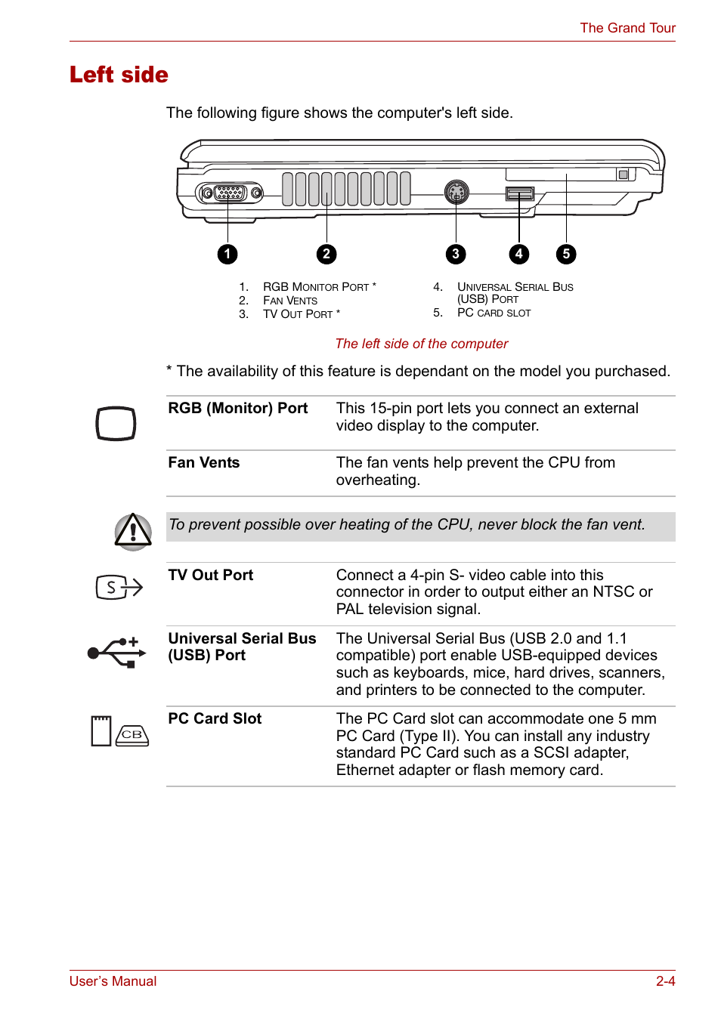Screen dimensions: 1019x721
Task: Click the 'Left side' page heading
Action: pos(119,75)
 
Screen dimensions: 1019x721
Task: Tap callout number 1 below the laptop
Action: pos(227,254)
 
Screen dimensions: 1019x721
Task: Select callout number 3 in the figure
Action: pos(455,254)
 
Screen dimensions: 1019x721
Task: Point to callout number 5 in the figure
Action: pos(566,254)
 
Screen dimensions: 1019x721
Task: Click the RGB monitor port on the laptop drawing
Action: pos(229,193)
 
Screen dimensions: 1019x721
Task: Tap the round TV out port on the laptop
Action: pos(456,193)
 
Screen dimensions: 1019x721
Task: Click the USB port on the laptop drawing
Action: pos(519,194)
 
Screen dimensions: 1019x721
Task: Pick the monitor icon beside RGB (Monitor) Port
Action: pos(116,424)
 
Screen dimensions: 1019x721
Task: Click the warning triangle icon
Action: pos(133,531)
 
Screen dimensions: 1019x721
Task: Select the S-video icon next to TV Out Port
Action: pos(119,587)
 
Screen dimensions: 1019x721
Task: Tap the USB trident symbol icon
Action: pos(117,653)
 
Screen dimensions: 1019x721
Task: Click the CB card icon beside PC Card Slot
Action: pos(132,734)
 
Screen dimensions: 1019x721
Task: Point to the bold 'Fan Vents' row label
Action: pos(203,462)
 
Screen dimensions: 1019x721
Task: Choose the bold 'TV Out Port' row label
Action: pos(210,575)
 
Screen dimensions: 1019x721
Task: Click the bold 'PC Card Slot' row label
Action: pos(215,718)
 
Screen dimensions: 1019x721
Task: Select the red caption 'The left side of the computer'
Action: pos(421,344)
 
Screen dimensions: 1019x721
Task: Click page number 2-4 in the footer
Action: pos(665,981)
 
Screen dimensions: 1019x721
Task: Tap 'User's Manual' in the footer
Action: pos(113,981)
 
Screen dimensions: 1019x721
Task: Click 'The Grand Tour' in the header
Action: pos(627,28)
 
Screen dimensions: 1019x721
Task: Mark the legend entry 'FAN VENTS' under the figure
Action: pos(289,301)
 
